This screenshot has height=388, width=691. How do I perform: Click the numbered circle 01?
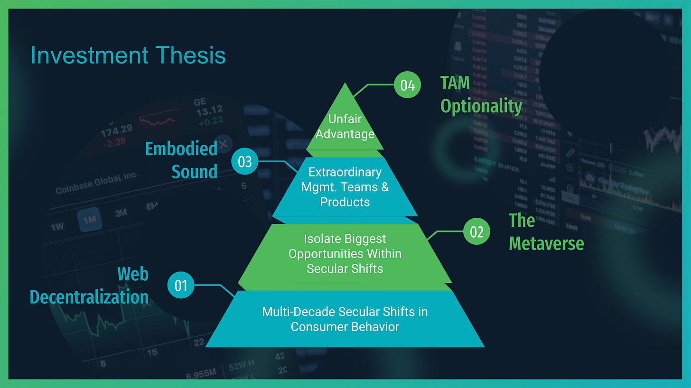click(181, 286)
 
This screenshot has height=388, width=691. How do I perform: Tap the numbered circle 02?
click(476, 232)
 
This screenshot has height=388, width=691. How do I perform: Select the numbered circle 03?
click(244, 162)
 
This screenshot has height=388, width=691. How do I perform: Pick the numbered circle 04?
click(408, 85)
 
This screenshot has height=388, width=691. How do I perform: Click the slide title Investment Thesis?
click(128, 55)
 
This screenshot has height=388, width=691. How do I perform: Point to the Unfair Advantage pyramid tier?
click(345, 126)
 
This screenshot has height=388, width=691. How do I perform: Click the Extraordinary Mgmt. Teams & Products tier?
click(345, 187)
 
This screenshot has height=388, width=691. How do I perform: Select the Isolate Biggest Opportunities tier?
click(345, 253)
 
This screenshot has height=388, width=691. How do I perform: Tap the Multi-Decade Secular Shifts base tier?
click(345, 319)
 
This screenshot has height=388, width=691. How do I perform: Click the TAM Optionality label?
click(481, 95)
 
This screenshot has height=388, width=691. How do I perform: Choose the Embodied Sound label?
click(181, 160)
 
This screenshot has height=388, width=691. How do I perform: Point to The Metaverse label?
click(546, 232)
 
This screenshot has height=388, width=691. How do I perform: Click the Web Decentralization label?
click(89, 286)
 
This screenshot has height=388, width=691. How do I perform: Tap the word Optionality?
click(481, 106)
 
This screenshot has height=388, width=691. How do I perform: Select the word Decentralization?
click(89, 297)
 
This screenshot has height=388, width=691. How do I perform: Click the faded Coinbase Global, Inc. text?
click(97, 183)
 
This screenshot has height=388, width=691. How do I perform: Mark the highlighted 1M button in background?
click(89, 220)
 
